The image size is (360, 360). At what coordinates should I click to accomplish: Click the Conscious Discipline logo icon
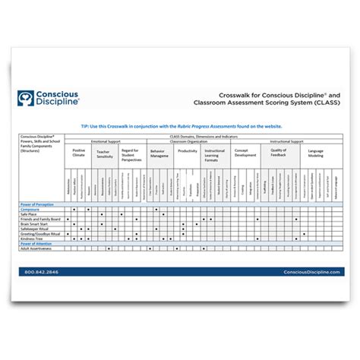30,98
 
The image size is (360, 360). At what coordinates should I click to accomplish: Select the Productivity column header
188,151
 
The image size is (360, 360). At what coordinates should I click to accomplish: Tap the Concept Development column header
244,153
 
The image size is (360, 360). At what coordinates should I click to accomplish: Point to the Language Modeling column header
314,153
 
